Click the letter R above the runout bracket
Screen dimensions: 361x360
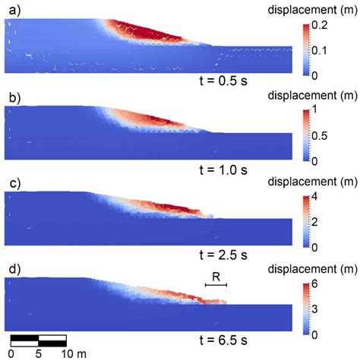pos(216,277)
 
